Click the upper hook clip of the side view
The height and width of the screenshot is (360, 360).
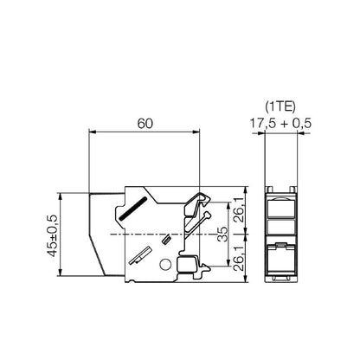[x=202, y=203]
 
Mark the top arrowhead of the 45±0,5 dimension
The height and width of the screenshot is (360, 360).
[x=60, y=193]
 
